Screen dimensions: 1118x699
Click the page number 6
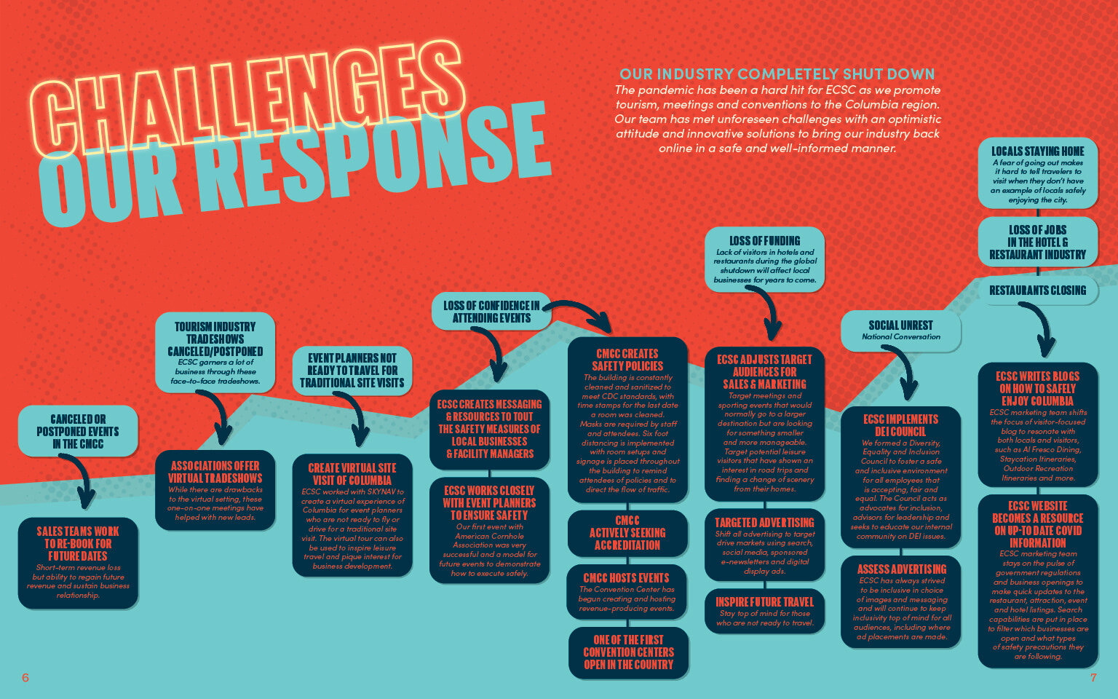25,678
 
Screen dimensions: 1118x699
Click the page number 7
1093,678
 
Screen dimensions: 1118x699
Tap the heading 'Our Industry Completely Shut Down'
777,74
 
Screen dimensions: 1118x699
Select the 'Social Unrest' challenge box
900,330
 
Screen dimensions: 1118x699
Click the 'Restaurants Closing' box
1037,291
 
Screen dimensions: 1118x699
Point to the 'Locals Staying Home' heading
1037,151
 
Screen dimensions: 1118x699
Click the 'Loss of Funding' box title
764,240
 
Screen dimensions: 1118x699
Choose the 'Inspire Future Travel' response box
764,610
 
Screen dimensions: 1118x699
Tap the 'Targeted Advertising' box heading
764,523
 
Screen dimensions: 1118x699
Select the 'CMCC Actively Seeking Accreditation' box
627,533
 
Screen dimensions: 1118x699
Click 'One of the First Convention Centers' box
628,652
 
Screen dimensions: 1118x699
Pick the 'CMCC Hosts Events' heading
627,578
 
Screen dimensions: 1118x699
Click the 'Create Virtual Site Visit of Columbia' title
352,474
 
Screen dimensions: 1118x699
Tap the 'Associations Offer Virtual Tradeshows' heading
215,472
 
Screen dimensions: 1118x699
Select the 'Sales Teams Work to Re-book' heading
78,543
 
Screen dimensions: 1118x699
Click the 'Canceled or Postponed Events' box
78,431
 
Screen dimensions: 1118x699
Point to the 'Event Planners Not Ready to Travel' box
352,371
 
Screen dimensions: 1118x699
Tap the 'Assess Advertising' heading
902,569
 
